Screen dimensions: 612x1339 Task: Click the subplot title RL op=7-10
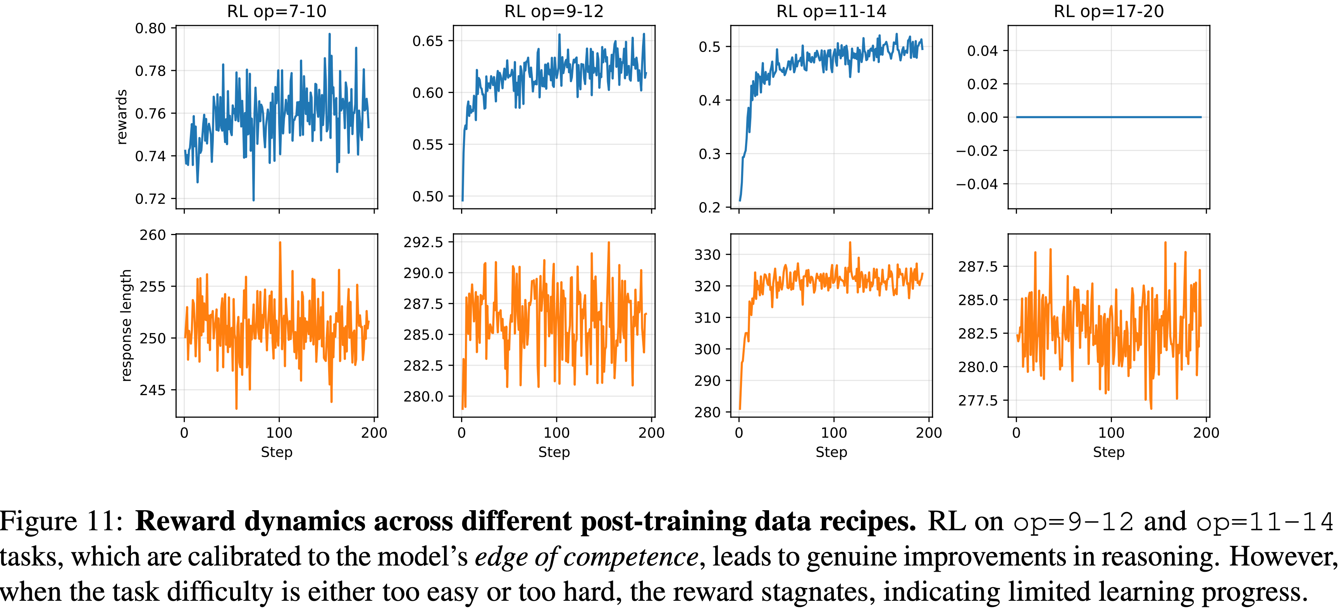[277, 12]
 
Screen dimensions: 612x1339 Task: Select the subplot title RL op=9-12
[554, 12]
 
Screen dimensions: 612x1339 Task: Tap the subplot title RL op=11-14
[831, 12]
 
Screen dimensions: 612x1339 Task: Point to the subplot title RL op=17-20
[1109, 12]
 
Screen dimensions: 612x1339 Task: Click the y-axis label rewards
[122, 117]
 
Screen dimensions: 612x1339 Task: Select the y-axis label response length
[126, 326]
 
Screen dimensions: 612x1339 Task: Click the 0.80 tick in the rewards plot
[150, 29]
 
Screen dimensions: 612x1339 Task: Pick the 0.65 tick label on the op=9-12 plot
[428, 41]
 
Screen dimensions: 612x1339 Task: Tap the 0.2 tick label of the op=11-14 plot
[709, 207]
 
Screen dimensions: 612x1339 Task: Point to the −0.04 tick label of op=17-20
[977, 184]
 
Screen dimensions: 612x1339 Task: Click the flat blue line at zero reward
[1109, 117]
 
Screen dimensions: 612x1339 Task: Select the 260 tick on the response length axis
[152, 236]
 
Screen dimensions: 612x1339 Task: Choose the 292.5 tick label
[423, 242]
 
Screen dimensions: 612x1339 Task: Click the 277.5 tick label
[978, 401]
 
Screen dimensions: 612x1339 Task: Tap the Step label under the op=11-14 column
[831, 452]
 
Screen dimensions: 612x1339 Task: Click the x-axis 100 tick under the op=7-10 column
[279, 433]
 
